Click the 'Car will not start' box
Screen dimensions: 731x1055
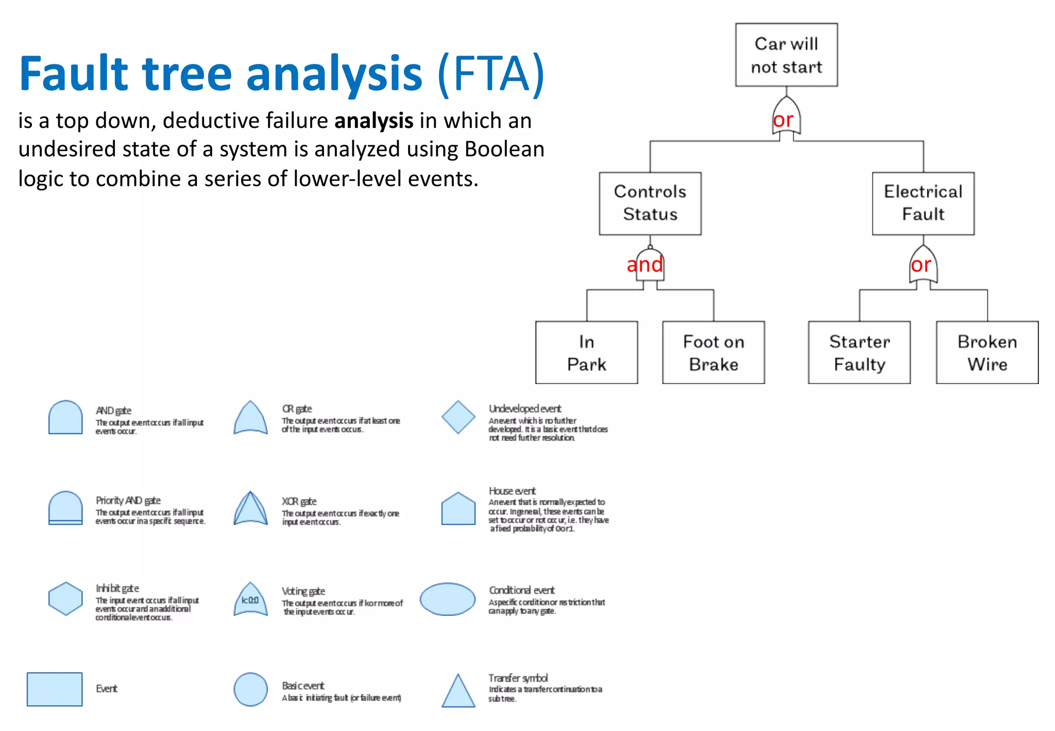(786, 55)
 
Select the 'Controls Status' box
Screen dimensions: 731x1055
(650, 203)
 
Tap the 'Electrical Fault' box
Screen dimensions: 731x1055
(923, 203)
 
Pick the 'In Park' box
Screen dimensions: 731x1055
(586, 353)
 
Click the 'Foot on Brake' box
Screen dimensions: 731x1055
(713, 353)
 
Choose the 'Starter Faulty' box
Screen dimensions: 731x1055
(859, 353)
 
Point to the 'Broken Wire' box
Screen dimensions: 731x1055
(986, 353)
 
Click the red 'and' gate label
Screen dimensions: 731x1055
(644, 264)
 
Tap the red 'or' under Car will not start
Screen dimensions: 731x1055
(782, 120)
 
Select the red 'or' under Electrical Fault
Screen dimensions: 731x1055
(921, 264)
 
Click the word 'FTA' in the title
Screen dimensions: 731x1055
(491, 74)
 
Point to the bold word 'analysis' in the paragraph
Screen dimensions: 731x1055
(373, 121)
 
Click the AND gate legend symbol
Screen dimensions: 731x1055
(65, 418)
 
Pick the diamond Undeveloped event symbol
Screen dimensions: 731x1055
(458, 417)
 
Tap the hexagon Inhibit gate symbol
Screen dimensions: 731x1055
(65, 599)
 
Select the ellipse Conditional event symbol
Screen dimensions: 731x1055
(447, 599)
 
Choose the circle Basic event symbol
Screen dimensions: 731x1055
(250, 689)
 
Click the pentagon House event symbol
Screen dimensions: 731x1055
(458, 509)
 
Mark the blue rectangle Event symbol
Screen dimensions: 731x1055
(55, 689)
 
